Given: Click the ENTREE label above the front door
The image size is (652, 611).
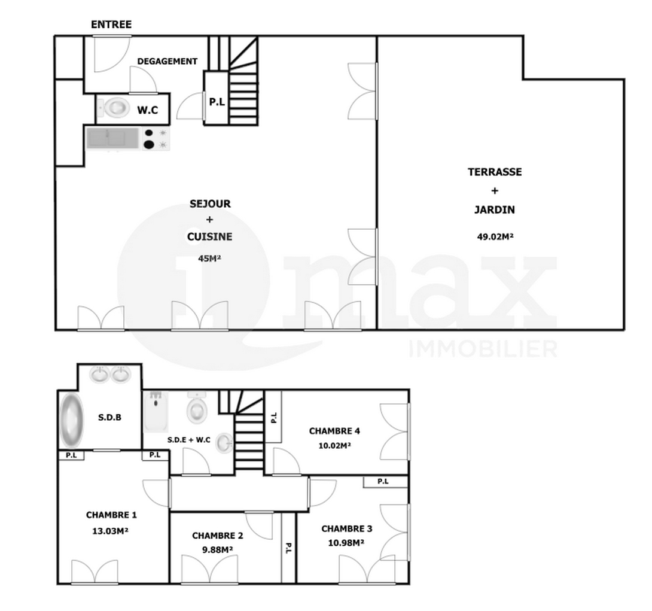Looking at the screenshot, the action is coord(111,25).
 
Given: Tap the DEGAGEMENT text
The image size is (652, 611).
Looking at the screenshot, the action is coord(167,61).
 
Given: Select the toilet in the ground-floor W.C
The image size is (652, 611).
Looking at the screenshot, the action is coord(114,108).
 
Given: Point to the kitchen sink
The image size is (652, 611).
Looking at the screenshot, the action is coord(112,138).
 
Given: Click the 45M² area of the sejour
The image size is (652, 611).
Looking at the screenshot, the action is coord(209,259).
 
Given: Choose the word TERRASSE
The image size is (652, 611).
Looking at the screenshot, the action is coord(495,172).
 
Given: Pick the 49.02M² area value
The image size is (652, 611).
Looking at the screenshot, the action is coord(495,236).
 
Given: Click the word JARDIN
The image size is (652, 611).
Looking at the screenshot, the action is coord(495,209).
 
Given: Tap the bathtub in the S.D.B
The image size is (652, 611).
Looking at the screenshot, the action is coord(72,420).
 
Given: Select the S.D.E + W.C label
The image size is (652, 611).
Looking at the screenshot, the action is coord(189,440).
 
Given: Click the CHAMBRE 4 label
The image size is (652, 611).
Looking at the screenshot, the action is coord(334,431).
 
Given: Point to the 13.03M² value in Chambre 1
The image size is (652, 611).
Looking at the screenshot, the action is coord(110,531).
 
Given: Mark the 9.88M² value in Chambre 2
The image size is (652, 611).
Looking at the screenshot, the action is coord(218,549).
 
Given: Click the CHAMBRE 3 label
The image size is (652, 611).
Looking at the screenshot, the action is coord(347,528).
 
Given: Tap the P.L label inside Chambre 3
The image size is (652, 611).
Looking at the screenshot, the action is coord(383,481).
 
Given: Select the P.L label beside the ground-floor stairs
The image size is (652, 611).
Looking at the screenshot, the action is coord(217,102).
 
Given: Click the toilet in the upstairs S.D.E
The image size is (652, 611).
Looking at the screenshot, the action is coord(197,408).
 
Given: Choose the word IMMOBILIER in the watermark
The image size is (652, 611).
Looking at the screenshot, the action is coord(483,348).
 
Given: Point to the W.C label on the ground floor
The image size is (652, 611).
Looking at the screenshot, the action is coord(148,110).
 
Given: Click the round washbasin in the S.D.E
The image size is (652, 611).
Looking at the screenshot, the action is coord(224,443).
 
